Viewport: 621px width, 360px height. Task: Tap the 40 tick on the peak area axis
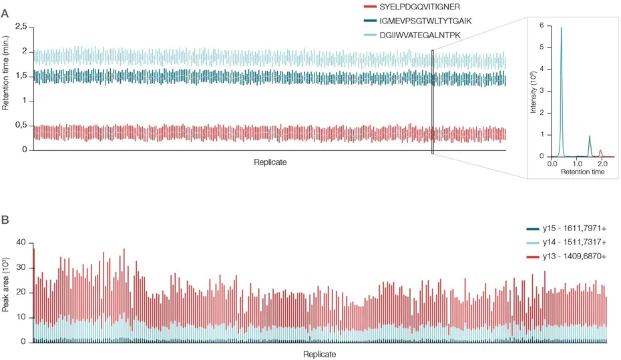[x=20, y=242]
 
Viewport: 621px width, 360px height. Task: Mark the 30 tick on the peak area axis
[x=20, y=267]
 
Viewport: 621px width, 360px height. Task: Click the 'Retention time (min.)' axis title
[x=6, y=88]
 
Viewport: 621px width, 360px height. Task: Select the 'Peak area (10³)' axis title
[x=6, y=292]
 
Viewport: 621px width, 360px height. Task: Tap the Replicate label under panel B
[x=319, y=353]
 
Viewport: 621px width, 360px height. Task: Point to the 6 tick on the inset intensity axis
[x=544, y=26]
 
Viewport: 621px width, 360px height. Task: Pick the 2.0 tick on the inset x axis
[x=602, y=163]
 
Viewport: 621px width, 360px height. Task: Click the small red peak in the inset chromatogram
[x=600, y=151]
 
